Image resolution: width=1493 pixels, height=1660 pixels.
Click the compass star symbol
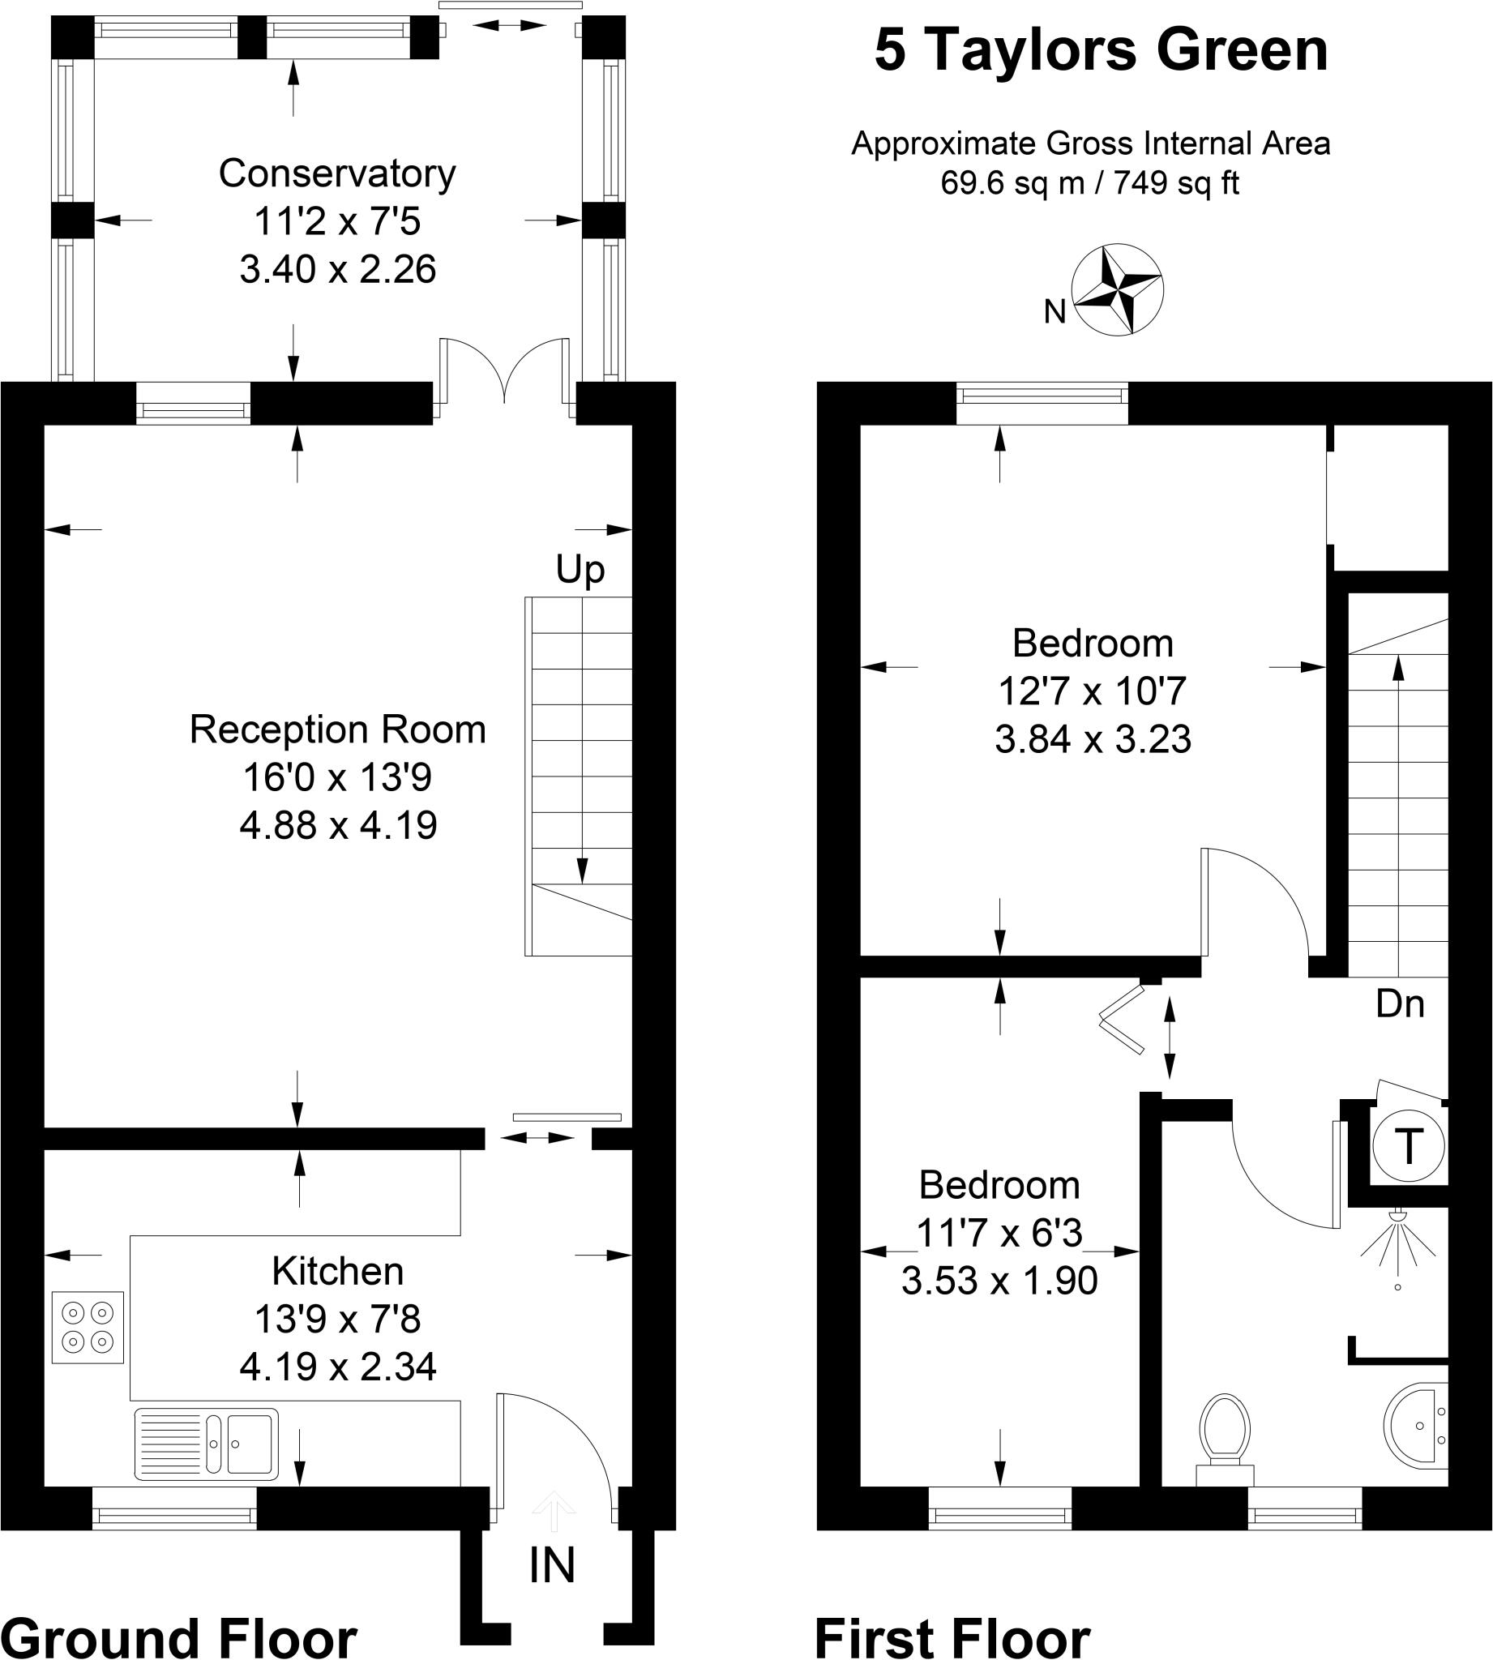click(x=1117, y=289)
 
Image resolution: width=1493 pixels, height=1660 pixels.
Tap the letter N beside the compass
click(x=1055, y=312)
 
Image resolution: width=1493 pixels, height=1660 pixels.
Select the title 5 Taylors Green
click(x=1100, y=51)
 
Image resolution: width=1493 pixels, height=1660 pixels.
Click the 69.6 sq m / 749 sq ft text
click(x=1089, y=182)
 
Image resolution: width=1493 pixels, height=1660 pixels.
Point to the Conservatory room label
click(x=337, y=174)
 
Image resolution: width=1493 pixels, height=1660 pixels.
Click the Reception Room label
click(x=337, y=729)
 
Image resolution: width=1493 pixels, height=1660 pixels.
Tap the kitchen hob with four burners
click(x=88, y=1327)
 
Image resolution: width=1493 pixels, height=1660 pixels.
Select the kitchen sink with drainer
click(x=206, y=1444)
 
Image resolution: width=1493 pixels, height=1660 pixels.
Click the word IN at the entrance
click(x=551, y=1566)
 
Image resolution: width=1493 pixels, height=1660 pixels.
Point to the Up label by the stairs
click(x=580, y=569)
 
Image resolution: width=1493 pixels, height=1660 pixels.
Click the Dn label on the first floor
click(x=1400, y=1004)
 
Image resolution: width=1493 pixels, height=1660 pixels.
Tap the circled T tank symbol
click(x=1409, y=1147)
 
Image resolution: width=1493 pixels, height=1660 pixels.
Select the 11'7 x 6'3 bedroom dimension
click(x=999, y=1233)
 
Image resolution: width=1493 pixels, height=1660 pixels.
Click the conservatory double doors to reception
click(x=504, y=373)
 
